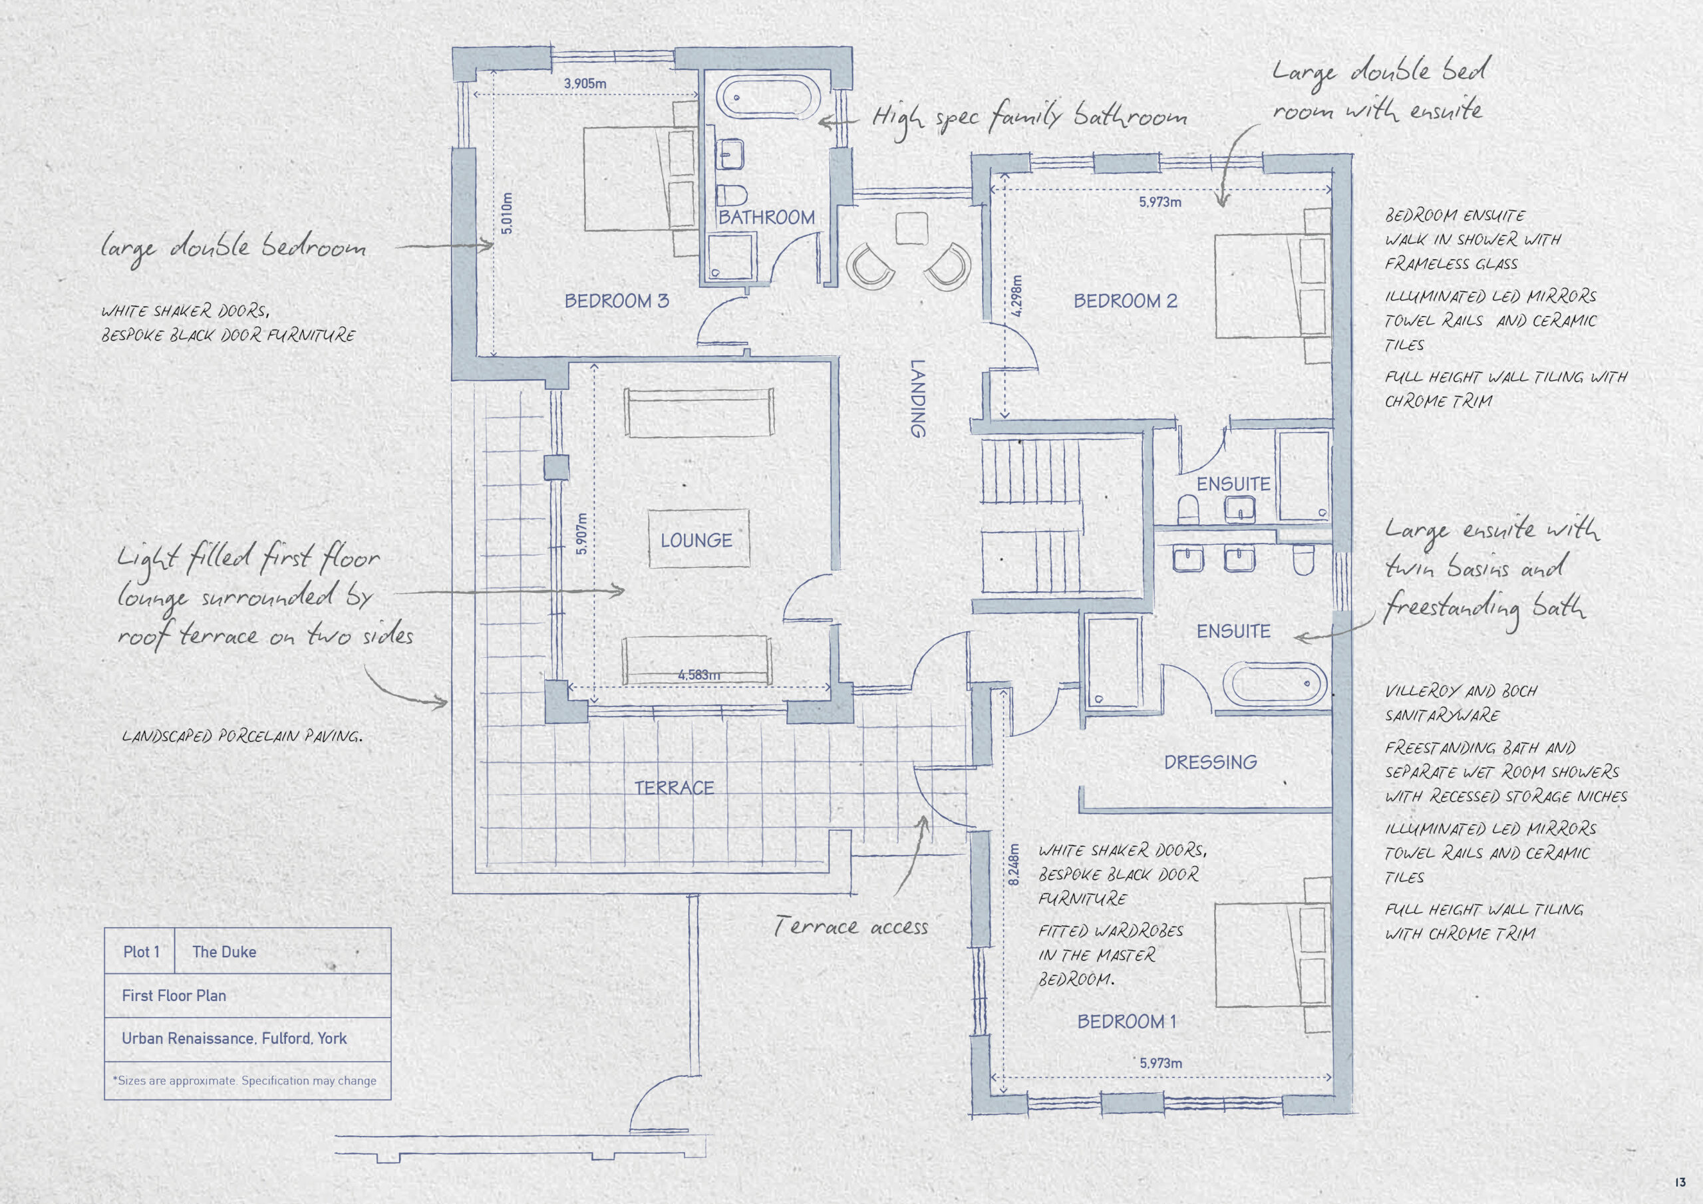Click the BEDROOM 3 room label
click(x=617, y=301)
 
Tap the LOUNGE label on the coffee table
click(x=697, y=540)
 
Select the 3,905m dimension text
click(x=585, y=84)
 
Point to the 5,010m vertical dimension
click(x=507, y=214)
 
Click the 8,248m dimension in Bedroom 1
click(x=1014, y=864)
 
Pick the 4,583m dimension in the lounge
click(x=698, y=675)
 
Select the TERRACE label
click(x=675, y=788)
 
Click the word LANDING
click(x=917, y=399)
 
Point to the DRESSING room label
click(x=1211, y=762)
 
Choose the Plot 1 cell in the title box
click(x=141, y=952)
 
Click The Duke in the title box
click(x=224, y=952)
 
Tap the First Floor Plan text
click(x=174, y=996)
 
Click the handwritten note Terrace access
click(x=851, y=926)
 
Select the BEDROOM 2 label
click(x=1125, y=301)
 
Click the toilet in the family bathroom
click(x=731, y=195)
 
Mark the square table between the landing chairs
click(x=911, y=228)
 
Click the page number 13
click(x=1680, y=1183)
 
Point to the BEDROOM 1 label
click(x=1127, y=1022)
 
